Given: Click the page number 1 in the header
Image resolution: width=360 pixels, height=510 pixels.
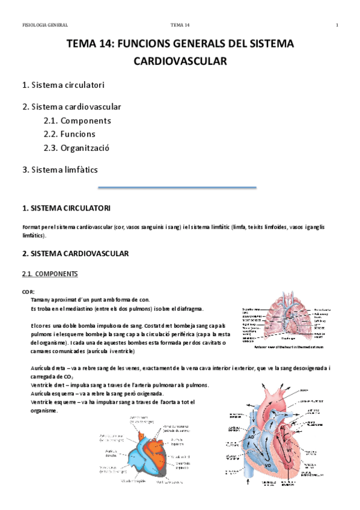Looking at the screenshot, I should pyautogui.click(x=337, y=25).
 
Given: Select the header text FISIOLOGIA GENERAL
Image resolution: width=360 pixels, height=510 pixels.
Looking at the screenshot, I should pyautogui.click(x=44, y=25).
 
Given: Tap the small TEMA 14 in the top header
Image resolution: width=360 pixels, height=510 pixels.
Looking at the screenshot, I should pyautogui.click(x=180, y=25).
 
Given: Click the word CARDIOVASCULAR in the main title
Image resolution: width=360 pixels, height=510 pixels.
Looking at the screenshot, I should pyautogui.click(x=180, y=61).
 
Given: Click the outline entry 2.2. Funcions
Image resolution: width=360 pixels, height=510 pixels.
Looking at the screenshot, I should pyautogui.click(x=69, y=134).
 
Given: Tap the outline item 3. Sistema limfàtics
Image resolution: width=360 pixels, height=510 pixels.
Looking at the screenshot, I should pyautogui.click(x=59, y=170).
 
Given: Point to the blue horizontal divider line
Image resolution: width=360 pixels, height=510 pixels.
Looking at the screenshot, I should pyautogui.click(x=177, y=188).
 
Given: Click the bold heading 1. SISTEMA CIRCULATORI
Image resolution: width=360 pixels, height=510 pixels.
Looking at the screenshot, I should pyautogui.click(x=66, y=209).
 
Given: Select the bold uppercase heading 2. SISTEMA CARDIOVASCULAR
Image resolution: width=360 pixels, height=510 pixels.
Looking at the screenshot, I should pyautogui.click(x=75, y=254).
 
